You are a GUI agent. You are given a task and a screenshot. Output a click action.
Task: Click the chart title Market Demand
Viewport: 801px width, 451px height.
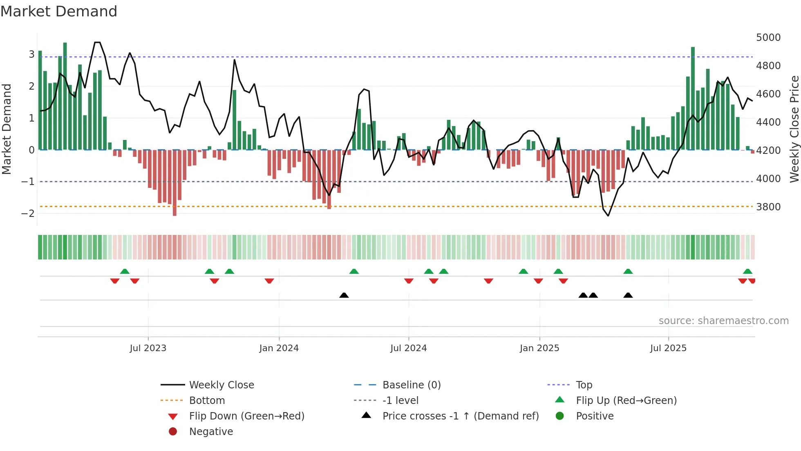pyautogui.click(x=59, y=11)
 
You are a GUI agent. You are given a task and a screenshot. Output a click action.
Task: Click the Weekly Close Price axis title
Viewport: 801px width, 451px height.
pyautogui.click(x=794, y=129)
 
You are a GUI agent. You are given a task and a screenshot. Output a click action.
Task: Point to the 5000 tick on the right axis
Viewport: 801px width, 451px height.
pyautogui.click(x=768, y=38)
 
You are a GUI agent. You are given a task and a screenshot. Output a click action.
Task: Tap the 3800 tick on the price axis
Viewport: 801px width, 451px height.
pyautogui.click(x=768, y=207)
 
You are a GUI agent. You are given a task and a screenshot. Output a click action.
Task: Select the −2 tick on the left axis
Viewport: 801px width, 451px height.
pyautogui.click(x=28, y=214)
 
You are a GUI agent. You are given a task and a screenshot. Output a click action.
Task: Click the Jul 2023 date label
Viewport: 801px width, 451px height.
pyautogui.click(x=148, y=348)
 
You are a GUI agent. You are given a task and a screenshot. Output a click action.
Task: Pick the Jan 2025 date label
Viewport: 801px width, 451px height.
pyautogui.click(x=539, y=348)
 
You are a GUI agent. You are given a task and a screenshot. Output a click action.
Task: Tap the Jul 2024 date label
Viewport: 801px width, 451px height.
pyautogui.click(x=408, y=348)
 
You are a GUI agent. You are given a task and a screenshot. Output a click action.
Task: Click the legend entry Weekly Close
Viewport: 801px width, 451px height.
pyautogui.click(x=221, y=385)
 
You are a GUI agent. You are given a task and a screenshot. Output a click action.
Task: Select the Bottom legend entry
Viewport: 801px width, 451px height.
pyautogui.click(x=207, y=401)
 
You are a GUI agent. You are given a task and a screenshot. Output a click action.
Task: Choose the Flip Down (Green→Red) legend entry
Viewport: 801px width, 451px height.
pyautogui.click(x=246, y=416)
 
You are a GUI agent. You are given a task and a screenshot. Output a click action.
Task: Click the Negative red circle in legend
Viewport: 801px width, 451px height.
pyautogui.click(x=173, y=432)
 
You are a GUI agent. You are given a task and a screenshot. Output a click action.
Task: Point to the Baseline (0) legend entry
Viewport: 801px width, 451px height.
pyautogui.click(x=411, y=385)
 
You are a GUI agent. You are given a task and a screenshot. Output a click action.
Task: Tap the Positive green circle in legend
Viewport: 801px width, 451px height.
pyautogui.click(x=560, y=416)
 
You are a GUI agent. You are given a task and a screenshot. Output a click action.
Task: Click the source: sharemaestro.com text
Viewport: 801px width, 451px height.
pyautogui.click(x=723, y=321)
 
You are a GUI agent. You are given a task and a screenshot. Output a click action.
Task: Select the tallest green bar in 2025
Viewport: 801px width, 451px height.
pyautogui.click(x=693, y=98)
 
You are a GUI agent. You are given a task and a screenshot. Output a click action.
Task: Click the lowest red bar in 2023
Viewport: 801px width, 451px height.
pyautogui.click(x=175, y=183)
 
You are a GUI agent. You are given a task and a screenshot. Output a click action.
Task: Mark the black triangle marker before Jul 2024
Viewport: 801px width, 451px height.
pyautogui.click(x=344, y=295)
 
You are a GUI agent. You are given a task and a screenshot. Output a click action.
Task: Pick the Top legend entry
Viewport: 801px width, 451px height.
pyautogui.click(x=584, y=385)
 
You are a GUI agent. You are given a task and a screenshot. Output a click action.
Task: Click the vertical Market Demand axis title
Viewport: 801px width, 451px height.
pyautogui.click(x=7, y=129)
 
